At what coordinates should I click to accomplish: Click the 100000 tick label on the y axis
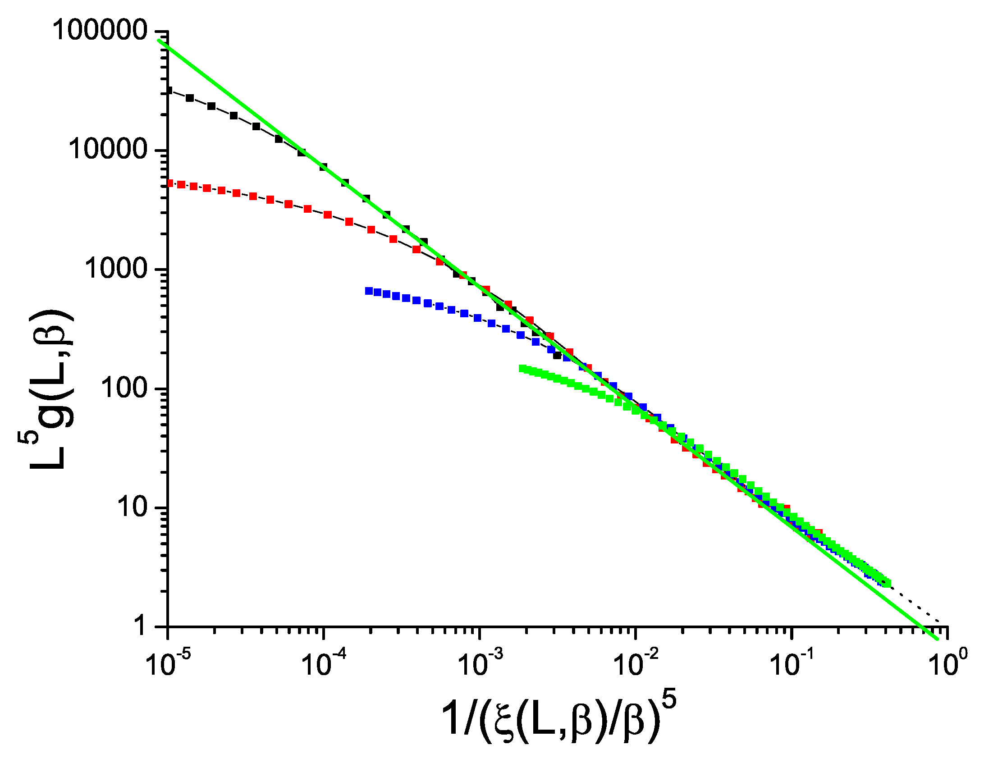click(100, 31)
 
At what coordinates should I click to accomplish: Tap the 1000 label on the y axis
click(116, 269)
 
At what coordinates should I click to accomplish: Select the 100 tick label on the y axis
click(124, 388)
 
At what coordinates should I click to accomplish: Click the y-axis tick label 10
click(132, 507)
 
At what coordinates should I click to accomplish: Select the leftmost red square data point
click(170, 183)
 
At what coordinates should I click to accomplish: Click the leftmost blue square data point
click(369, 291)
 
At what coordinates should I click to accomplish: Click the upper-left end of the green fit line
click(159, 41)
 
